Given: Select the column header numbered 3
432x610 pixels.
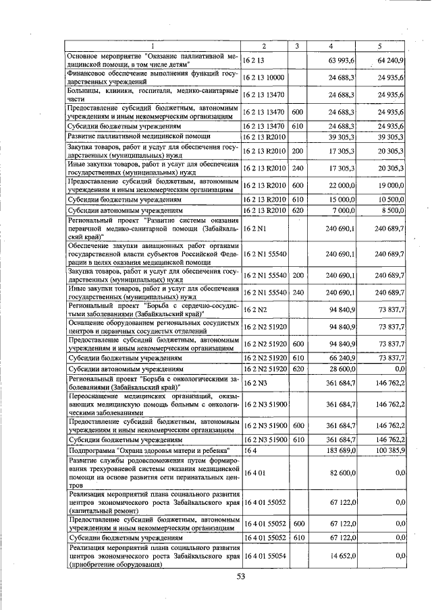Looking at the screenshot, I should pyautogui.click(x=297, y=46).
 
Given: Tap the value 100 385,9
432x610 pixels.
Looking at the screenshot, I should pyautogui.click(x=389, y=449).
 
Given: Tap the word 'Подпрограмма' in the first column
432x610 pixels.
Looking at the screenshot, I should pyautogui.click(x=92, y=449).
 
